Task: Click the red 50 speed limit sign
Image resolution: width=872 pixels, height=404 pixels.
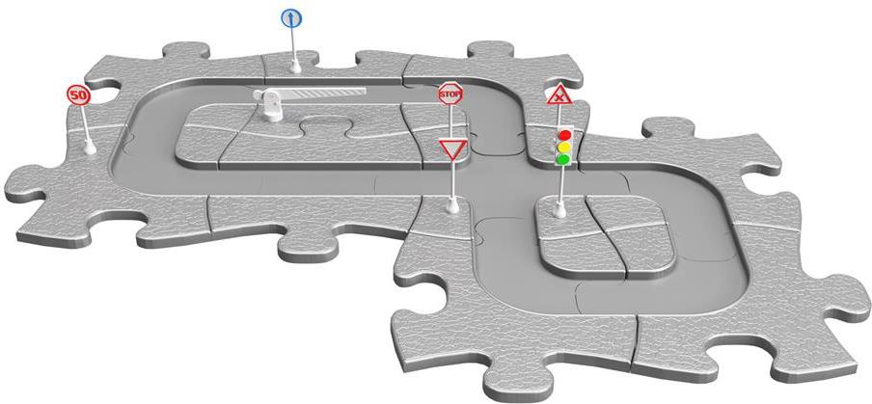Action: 78,95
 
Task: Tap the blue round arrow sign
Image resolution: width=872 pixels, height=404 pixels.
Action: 291,19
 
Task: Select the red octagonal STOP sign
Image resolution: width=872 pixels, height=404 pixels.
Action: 450,94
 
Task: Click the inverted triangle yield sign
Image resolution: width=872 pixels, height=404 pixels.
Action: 452,148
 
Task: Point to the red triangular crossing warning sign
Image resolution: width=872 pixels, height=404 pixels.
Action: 559,95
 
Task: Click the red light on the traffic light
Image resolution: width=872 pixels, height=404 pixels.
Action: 564,135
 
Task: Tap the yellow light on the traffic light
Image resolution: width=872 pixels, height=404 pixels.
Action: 564,148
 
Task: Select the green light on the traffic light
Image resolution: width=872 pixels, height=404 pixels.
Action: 564,159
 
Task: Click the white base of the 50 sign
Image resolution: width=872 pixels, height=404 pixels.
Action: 90,148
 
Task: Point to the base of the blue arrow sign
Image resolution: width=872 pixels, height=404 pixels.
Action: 296,67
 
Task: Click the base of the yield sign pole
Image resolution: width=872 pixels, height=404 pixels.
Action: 452,207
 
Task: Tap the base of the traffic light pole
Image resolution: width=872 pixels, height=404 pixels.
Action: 559,210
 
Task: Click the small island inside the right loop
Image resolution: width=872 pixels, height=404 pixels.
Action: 606,236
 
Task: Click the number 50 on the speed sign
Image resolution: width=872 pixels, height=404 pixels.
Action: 78,95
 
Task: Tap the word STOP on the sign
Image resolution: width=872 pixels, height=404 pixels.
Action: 450,94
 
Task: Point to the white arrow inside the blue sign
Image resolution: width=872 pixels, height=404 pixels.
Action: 291,19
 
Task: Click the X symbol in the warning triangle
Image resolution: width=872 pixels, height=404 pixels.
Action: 559,97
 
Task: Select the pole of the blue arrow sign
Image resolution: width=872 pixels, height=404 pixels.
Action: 293,45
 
